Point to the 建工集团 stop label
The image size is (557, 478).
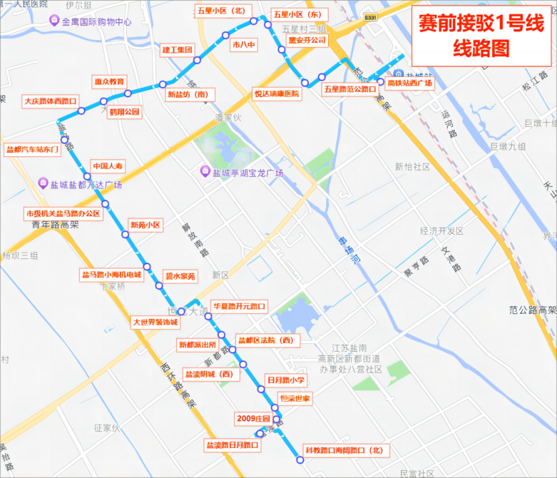[x=177, y=50]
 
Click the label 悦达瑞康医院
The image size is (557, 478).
[x=276, y=94]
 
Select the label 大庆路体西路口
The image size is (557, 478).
[x=50, y=101]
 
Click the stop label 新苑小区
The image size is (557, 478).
[x=146, y=225]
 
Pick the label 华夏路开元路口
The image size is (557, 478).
[x=239, y=306]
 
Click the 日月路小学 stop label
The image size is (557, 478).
[x=287, y=380]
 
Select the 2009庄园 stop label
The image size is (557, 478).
[x=252, y=419]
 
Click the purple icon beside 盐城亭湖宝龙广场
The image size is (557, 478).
[x=207, y=172]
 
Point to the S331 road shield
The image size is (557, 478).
[x=370, y=17]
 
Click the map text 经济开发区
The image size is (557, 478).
[x=442, y=231]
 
